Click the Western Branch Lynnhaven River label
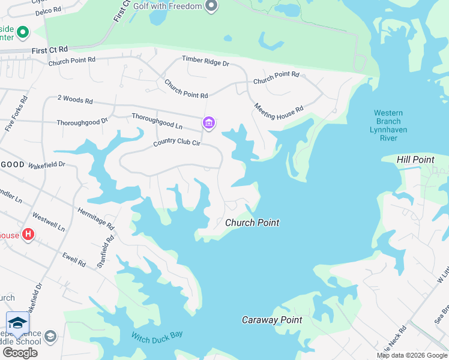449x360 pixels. [x=388, y=125]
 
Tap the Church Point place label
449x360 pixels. [x=252, y=223]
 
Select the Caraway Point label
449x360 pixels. [x=272, y=320]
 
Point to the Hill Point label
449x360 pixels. [x=415, y=160]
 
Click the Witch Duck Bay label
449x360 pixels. [x=157, y=336]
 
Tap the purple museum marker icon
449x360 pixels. [x=209, y=123]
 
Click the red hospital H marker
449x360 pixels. [x=28, y=234]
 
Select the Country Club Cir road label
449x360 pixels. [x=176, y=142]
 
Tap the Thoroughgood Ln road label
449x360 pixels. [x=157, y=121]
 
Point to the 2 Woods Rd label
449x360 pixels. [x=75, y=100]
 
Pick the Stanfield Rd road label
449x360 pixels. [x=106, y=251]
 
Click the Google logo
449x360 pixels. [x=20, y=353]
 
